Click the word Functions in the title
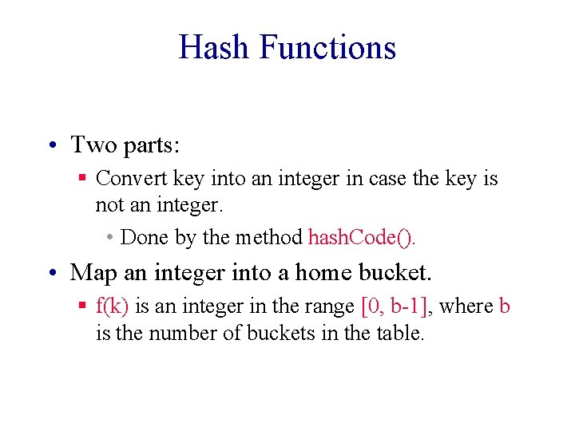click(x=328, y=47)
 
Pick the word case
click(x=387, y=179)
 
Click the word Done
click(x=145, y=238)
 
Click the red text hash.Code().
click(x=362, y=238)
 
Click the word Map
click(x=93, y=273)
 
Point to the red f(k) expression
click(x=113, y=306)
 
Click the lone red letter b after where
click(x=504, y=306)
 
